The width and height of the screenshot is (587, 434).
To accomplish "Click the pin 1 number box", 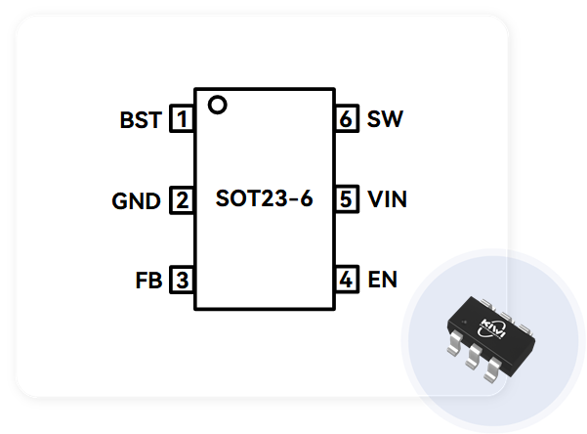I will pyautogui.click(x=182, y=120).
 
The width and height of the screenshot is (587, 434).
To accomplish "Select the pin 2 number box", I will pyautogui.click(x=182, y=200).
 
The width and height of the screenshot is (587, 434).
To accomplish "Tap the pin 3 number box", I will pyautogui.click(x=182, y=281).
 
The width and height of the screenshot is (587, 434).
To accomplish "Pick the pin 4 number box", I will pyautogui.click(x=346, y=281).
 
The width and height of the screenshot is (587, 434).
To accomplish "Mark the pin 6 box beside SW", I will pyautogui.click(x=346, y=120).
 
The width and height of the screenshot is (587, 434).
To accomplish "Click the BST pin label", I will pyautogui.click(x=141, y=121).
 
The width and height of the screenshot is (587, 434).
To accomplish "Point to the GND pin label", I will pyautogui.click(x=137, y=201).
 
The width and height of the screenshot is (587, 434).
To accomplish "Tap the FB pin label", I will pyautogui.click(x=148, y=282).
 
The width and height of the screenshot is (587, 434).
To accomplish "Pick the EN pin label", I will pyautogui.click(x=383, y=281).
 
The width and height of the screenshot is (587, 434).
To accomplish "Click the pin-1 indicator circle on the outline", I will pyautogui.click(x=218, y=104).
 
